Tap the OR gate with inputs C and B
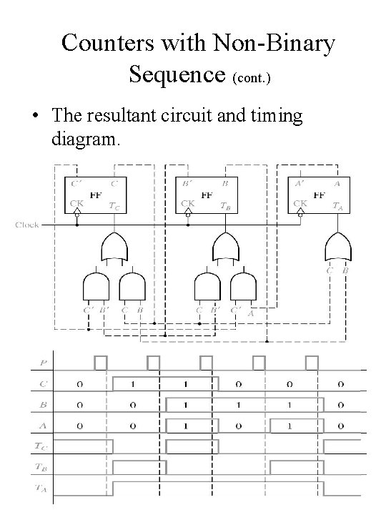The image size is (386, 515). point(337,247)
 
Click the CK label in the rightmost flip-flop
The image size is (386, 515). point(299,202)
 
